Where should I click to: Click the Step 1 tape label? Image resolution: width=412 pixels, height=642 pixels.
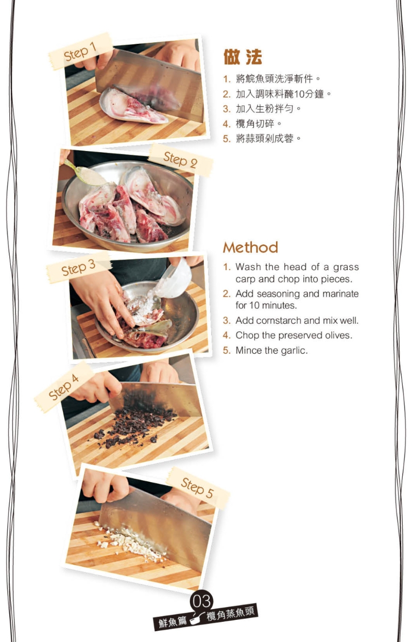tap(80, 51)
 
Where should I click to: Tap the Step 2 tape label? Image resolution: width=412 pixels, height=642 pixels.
tap(181, 160)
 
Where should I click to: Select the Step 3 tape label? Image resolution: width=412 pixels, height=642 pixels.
tap(79, 268)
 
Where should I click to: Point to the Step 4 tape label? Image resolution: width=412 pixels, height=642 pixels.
tap(64, 387)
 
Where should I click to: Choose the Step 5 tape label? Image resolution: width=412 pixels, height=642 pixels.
tap(198, 488)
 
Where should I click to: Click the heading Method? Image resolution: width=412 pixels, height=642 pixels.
tap(250, 248)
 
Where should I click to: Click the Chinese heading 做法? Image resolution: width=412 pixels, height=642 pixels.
tap(243, 57)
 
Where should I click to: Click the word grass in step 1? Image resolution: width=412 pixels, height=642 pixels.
tap(346, 268)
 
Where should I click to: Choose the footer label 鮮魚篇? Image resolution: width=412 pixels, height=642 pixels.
tap(173, 621)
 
